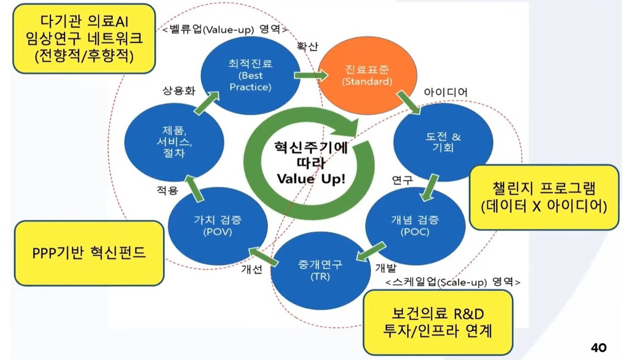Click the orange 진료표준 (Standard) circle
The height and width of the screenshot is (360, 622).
[x=367, y=75]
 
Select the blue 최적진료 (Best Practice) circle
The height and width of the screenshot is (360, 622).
[x=250, y=75]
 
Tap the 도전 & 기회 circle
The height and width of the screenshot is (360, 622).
[x=443, y=142]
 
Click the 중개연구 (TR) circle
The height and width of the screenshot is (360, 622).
[x=320, y=271]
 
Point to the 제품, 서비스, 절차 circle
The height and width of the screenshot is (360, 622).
[x=174, y=142]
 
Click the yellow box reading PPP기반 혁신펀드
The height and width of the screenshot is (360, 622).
[x=89, y=253]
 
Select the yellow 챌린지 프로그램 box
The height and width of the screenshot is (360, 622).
[x=544, y=197]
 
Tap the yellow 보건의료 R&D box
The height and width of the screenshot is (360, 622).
[x=438, y=323]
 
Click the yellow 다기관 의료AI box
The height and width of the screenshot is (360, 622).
[x=84, y=38]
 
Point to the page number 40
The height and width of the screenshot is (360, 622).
[x=599, y=347]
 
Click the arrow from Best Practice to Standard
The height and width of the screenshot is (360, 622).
[x=311, y=75]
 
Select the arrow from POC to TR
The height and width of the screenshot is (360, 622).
[x=371, y=252]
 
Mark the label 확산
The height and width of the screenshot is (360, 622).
[x=308, y=46]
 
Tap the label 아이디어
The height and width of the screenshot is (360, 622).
[x=446, y=92]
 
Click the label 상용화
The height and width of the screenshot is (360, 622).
[x=179, y=90]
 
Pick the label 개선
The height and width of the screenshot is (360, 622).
[x=252, y=269]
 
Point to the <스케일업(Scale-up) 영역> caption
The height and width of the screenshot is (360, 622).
[x=453, y=282]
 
